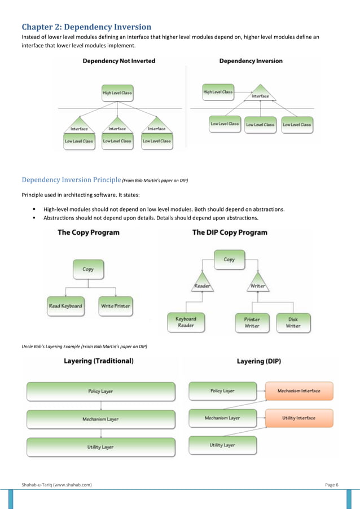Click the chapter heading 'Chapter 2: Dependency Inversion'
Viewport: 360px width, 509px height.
[86, 27]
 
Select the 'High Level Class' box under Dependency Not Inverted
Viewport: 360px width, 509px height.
[117, 93]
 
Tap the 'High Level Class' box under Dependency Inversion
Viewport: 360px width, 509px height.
[218, 92]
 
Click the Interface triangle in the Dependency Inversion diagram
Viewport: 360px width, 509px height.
[260, 94]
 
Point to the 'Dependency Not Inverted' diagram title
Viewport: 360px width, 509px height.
[119, 61]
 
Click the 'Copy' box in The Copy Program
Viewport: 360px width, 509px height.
[88, 270]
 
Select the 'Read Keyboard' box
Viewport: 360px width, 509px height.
[65, 306]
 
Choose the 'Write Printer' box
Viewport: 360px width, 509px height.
[116, 306]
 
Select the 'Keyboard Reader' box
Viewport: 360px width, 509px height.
[186, 322]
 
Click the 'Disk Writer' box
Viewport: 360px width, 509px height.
[293, 322]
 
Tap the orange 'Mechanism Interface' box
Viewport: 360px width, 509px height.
[299, 390]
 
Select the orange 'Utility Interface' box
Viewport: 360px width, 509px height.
[299, 418]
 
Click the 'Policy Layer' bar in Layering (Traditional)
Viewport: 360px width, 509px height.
[100, 391]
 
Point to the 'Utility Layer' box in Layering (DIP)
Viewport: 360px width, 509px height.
[222, 445]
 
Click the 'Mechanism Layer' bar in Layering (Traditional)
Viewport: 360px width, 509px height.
[100, 419]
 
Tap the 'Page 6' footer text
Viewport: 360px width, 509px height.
[332, 485]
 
